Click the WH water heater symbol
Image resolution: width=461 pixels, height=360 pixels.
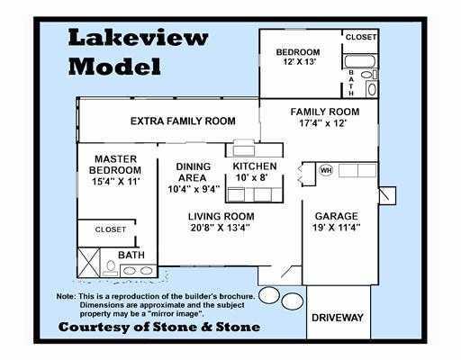[x=326, y=170]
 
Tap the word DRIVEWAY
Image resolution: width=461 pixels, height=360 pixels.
[x=338, y=318]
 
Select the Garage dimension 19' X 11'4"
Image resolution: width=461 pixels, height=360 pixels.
[x=336, y=228]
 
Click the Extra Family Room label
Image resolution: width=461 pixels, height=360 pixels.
[x=183, y=121]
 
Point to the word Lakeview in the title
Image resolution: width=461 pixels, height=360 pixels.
[x=138, y=38]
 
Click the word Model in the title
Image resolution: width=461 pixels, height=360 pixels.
[x=114, y=66]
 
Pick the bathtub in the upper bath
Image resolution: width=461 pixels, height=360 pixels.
[x=359, y=61]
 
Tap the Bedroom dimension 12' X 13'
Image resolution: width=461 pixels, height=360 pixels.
[x=300, y=62]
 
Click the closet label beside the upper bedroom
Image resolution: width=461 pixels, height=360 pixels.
[x=361, y=37]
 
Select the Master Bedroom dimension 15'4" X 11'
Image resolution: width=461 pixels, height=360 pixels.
[x=116, y=182]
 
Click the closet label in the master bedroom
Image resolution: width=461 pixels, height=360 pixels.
[x=110, y=229]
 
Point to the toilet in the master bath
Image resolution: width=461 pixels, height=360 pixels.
[x=111, y=268]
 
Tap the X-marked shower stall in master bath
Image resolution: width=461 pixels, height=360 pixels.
[x=88, y=262]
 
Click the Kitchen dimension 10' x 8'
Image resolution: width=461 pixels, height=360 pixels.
[x=251, y=177]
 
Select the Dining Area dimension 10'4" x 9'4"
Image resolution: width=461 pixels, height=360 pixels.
[x=194, y=189]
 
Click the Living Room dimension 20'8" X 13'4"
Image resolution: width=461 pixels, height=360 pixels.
[x=221, y=228]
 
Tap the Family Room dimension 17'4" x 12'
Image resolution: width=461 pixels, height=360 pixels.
[x=323, y=123]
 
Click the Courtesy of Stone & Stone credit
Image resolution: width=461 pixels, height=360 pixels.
[x=159, y=327]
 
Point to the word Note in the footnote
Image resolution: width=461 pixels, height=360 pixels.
[x=66, y=296]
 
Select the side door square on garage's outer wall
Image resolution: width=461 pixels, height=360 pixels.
[x=387, y=196]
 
